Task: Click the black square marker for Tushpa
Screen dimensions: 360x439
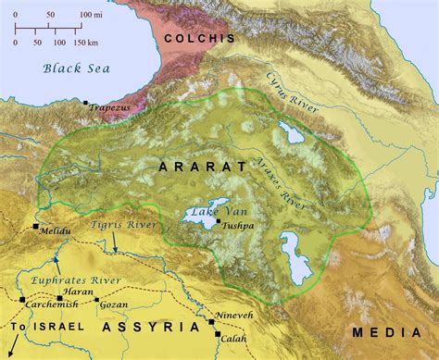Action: pos(218,222)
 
